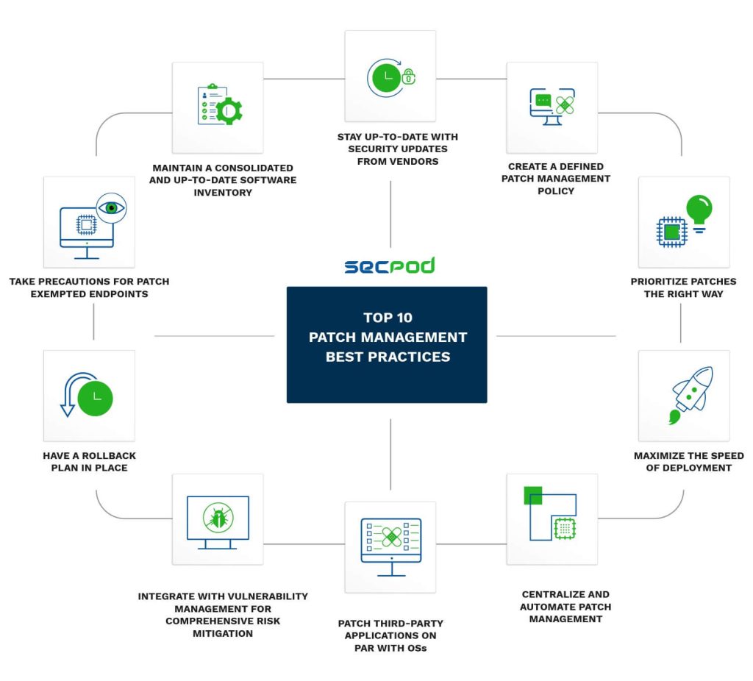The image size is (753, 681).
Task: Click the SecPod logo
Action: click(389, 265)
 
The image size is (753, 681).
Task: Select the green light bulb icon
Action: click(699, 212)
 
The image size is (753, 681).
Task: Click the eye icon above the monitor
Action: click(111, 207)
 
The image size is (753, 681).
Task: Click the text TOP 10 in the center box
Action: click(388, 318)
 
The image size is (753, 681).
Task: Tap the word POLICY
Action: click(556, 191)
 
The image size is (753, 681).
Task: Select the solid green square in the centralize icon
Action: click(532, 495)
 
